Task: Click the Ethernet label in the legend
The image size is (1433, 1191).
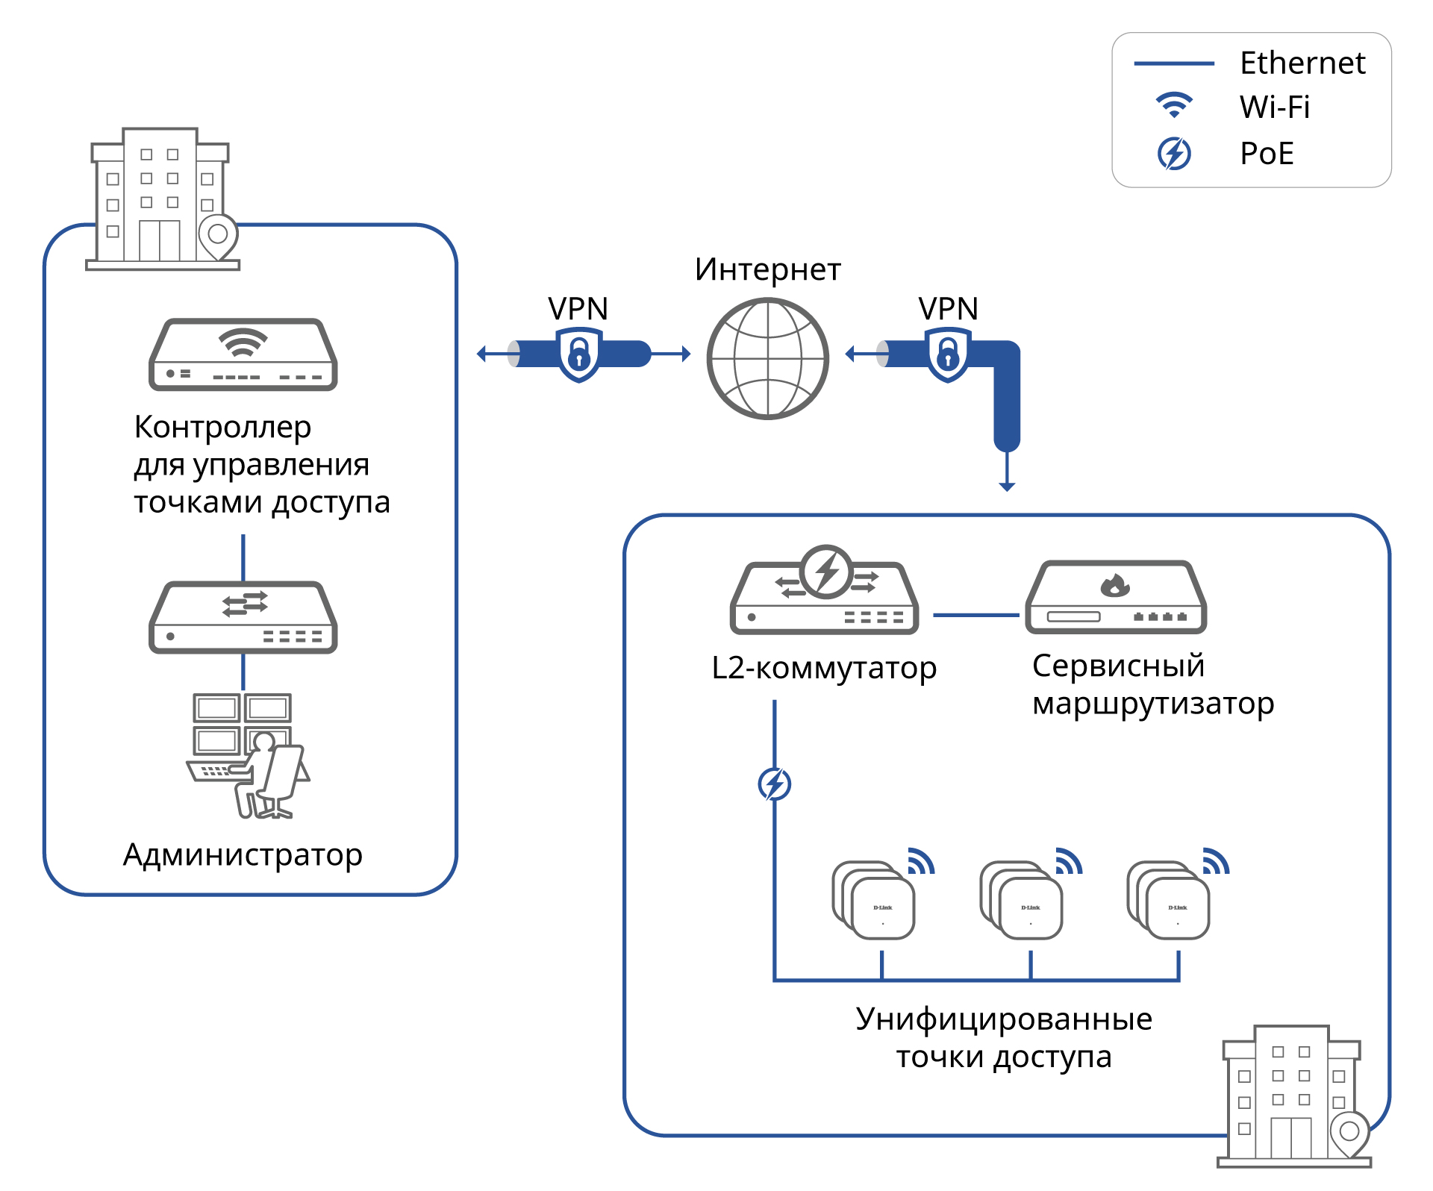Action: point(1302,63)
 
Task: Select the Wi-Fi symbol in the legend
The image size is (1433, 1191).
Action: point(1174,105)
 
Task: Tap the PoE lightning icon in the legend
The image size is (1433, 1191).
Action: point(1174,154)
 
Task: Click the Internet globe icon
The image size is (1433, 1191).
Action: point(767,359)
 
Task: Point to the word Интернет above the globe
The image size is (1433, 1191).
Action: point(767,270)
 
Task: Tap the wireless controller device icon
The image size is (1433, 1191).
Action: point(243,354)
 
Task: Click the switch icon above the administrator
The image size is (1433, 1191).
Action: point(243,618)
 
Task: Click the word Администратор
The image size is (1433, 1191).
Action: point(243,855)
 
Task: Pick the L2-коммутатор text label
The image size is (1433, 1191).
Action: point(824,668)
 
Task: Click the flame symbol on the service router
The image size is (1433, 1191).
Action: point(1115,586)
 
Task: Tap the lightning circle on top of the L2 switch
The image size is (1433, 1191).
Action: point(826,572)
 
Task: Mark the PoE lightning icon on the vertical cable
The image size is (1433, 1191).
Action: point(775,784)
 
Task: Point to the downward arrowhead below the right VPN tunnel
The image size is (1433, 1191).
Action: point(1007,487)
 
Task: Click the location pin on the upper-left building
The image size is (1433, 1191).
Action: point(218,235)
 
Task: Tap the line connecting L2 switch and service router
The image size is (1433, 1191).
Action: point(975,616)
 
